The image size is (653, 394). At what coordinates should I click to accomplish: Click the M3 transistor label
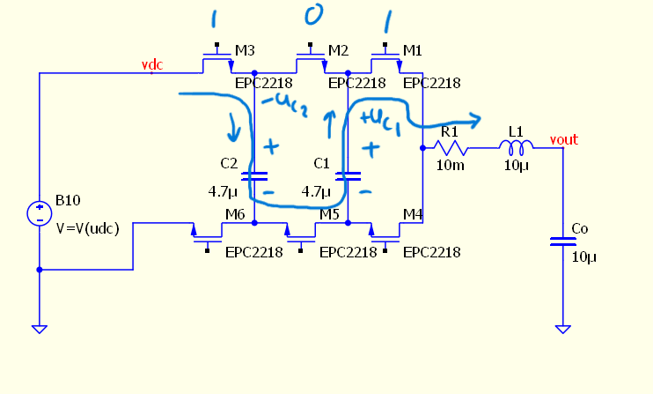pyautogui.click(x=244, y=51)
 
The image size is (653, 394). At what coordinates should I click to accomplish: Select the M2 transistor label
pyautogui.click(x=338, y=51)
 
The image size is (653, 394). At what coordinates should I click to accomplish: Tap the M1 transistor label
pyautogui.click(x=413, y=51)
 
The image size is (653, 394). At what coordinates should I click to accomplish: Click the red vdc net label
pyautogui.click(x=153, y=65)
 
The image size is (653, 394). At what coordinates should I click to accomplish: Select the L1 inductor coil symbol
pyautogui.click(x=516, y=146)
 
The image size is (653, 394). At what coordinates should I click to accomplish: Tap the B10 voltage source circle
pyautogui.click(x=40, y=213)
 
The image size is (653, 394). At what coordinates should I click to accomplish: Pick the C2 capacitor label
pyautogui.click(x=229, y=163)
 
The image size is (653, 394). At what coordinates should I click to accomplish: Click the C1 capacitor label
pyautogui.click(x=322, y=163)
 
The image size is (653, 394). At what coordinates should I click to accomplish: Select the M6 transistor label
pyautogui.click(x=235, y=213)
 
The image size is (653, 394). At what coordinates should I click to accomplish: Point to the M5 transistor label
pyautogui.click(x=329, y=213)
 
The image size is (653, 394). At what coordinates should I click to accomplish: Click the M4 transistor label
pyautogui.click(x=413, y=213)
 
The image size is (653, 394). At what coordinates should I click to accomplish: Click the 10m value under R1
pyautogui.click(x=449, y=166)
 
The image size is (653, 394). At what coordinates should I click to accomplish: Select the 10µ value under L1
pyautogui.click(x=516, y=166)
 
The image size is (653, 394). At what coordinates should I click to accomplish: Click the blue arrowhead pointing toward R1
pyautogui.click(x=476, y=119)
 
